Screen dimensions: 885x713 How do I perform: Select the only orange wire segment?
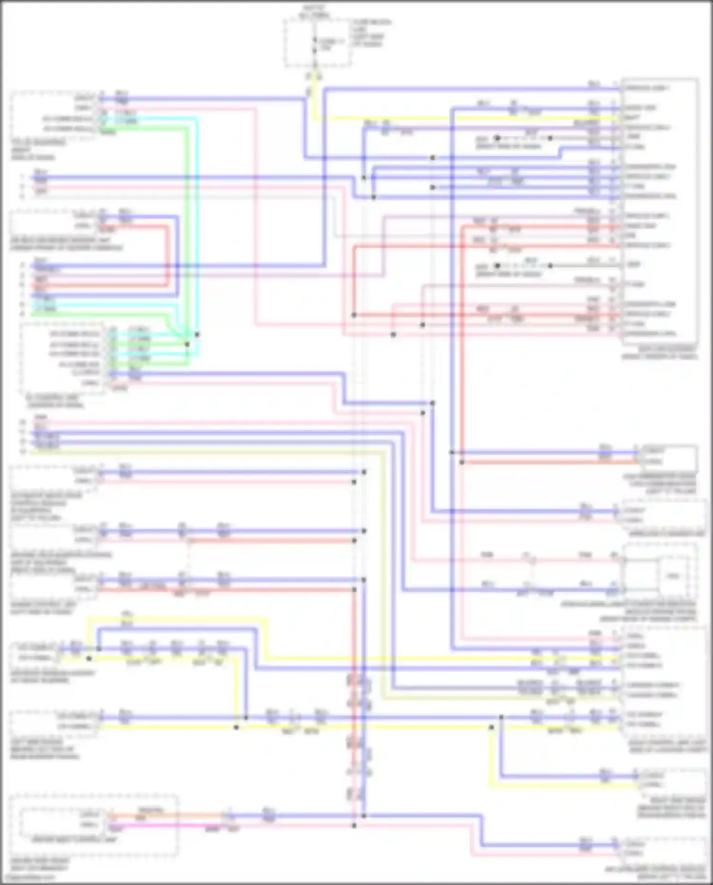(x=166, y=815)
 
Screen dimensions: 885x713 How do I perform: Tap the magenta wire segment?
(x=166, y=826)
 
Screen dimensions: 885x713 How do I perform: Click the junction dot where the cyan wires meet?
(x=197, y=334)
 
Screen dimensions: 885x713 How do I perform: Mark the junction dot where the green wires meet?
(x=187, y=344)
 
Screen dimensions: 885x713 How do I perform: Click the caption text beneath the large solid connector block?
(x=660, y=352)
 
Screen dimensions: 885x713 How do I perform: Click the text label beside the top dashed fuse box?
(x=371, y=33)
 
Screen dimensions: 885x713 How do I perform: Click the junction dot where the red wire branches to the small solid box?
(x=462, y=462)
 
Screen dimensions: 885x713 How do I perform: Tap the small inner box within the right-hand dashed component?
(x=673, y=576)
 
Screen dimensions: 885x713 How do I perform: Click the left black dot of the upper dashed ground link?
(x=497, y=138)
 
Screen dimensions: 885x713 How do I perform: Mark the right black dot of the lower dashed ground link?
(x=550, y=266)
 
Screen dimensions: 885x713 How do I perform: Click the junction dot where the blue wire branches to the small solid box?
(x=452, y=452)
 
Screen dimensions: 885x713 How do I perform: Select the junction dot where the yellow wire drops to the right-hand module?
(x=491, y=727)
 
